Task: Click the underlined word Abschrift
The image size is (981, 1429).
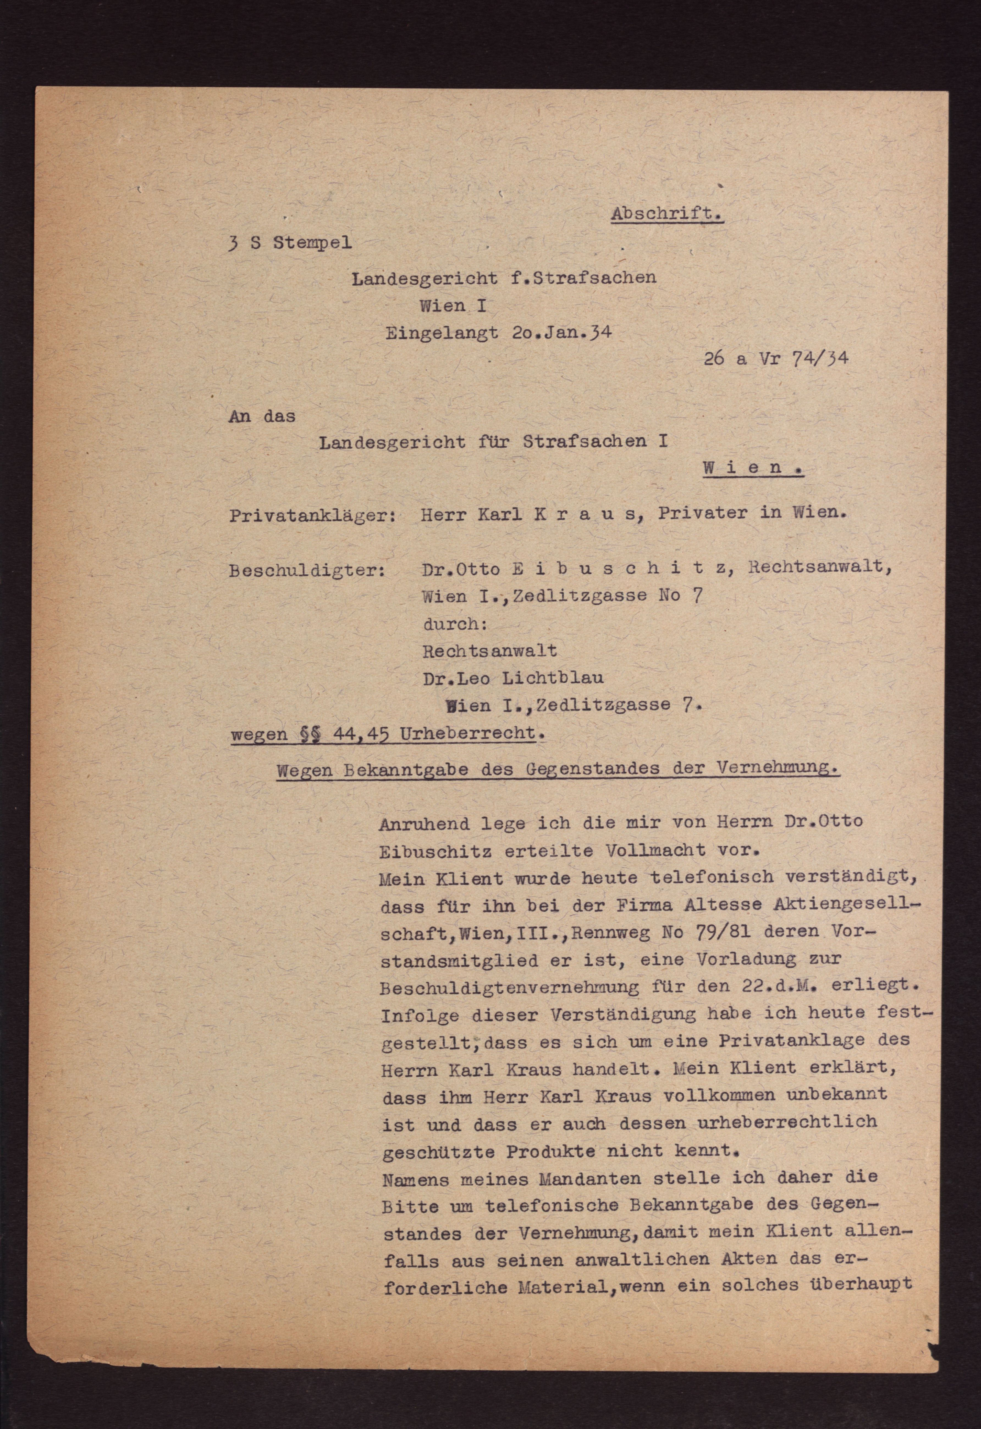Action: click(x=667, y=214)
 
